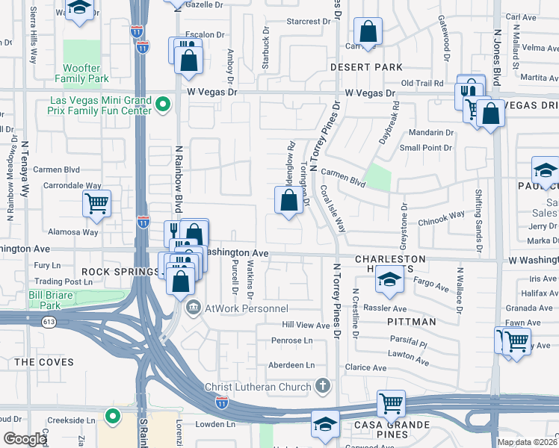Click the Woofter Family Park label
tap(82, 73)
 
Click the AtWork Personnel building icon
tap(193, 307)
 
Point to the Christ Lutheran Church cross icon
tap(322, 386)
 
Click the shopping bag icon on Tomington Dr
tap(288, 200)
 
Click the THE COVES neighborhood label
tap(44, 362)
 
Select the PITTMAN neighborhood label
tap(412, 322)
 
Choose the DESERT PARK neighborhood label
tap(367, 67)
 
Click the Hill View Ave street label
tap(305, 326)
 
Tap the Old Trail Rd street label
tap(422, 83)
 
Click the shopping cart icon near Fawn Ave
tap(514, 341)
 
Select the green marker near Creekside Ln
tap(113, 416)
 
